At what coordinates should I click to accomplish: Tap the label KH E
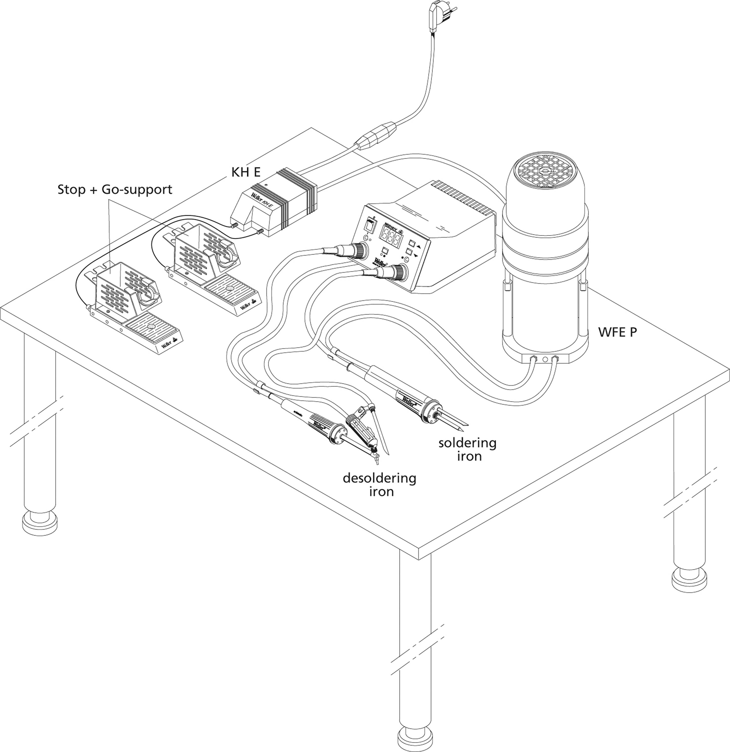coord(246,172)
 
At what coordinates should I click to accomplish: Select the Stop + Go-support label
coord(115,189)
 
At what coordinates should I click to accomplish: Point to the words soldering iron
coord(468,449)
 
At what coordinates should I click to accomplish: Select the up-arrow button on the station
coord(412,244)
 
